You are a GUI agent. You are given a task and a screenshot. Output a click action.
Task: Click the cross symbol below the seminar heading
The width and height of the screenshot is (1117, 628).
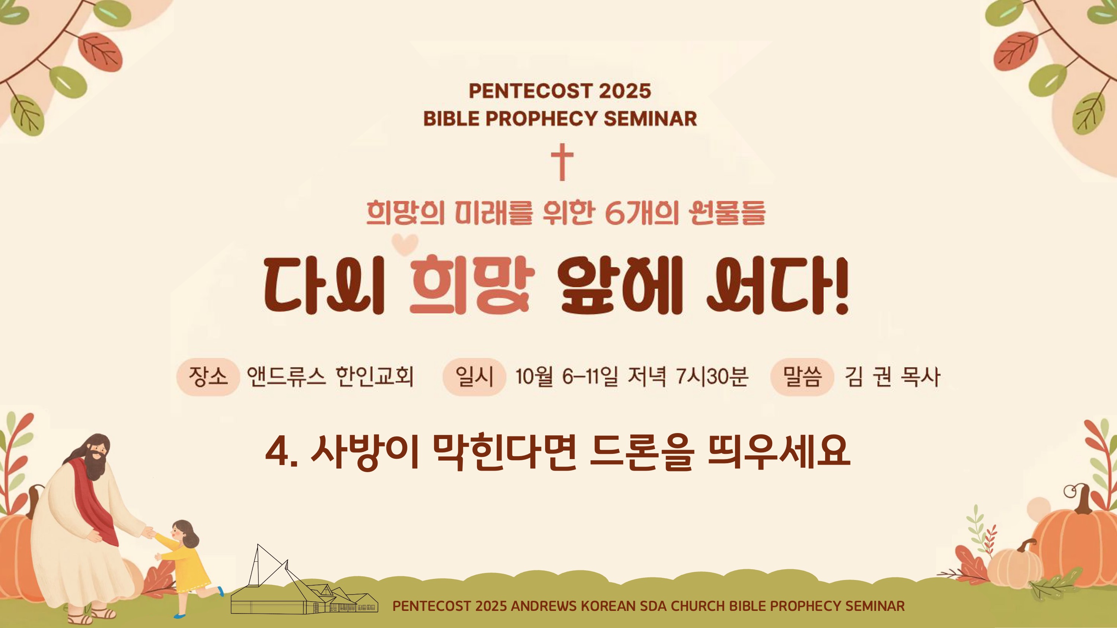click(562, 162)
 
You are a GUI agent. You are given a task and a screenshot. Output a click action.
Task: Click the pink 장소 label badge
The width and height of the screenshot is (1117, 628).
click(208, 377)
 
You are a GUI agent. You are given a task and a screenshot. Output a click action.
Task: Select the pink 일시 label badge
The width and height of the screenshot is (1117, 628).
click(474, 377)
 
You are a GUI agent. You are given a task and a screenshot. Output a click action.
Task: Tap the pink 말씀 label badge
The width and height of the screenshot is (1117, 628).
click(802, 377)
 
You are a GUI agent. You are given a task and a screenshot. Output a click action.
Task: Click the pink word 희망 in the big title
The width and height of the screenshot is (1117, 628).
click(472, 285)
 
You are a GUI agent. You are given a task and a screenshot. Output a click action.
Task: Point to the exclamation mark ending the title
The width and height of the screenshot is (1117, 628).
click(841, 285)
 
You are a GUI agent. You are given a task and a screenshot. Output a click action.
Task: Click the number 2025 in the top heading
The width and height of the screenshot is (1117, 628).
click(625, 91)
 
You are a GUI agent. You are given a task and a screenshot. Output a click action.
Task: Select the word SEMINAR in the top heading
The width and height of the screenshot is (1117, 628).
click(650, 119)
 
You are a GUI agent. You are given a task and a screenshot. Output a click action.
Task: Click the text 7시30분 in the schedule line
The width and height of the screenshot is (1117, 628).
click(712, 376)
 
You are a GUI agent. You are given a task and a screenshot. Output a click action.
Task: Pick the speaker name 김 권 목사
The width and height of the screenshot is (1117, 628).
click(892, 377)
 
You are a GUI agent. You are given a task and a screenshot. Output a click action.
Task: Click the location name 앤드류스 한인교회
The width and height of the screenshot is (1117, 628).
click(330, 376)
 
